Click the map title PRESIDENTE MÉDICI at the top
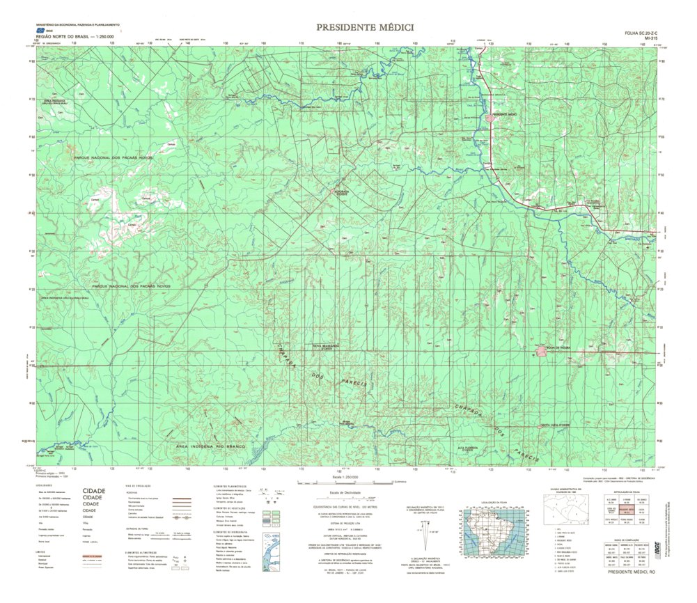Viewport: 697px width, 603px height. pyautogui.click(x=365, y=28)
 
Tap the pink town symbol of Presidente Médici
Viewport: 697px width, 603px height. pyautogui.click(x=492, y=118)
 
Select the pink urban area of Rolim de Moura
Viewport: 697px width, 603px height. pyautogui.click(x=543, y=352)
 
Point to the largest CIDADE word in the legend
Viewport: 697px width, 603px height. pyautogui.click(x=95, y=491)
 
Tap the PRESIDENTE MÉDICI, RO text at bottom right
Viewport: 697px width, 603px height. pyautogui.click(x=632, y=572)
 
